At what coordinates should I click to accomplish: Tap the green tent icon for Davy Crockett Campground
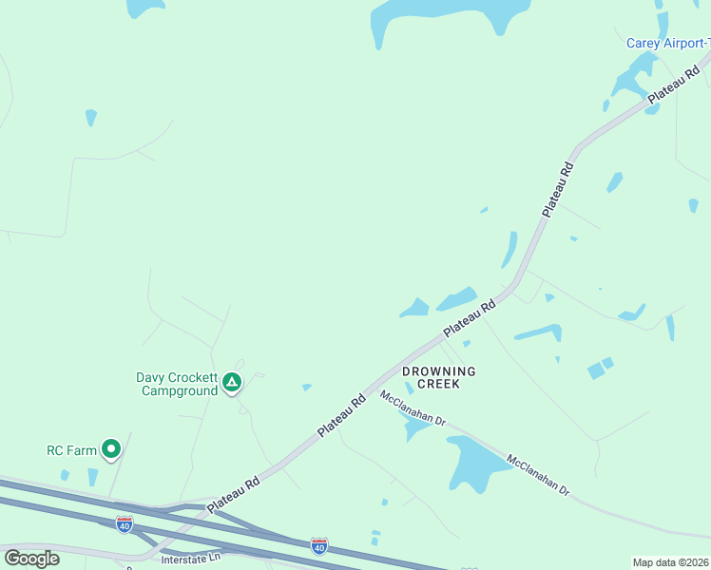pyautogui.click(x=232, y=384)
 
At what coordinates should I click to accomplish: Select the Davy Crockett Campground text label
pyautogui.click(x=178, y=384)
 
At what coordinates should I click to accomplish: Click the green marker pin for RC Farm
pyautogui.click(x=111, y=449)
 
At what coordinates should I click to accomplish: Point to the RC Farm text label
pyautogui.click(x=72, y=450)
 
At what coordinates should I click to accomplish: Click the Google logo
pyautogui.click(x=31, y=558)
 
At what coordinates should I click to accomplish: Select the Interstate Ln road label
pyautogui.click(x=184, y=558)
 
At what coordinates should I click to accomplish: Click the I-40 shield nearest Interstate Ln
pyautogui.click(x=124, y=523)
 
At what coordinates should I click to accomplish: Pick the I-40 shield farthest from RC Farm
pyautogui.click(x=319, y=546)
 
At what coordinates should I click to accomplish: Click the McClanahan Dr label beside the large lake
pyautogui.click(x=538, y=476)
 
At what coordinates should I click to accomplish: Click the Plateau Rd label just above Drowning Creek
pyautogui.click(x=470, y=317)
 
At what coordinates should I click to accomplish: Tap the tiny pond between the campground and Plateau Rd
pyautogui.click(x=306, y=387)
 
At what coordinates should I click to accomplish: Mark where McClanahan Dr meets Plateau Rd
pyautogui.click(x=380, y=386)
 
